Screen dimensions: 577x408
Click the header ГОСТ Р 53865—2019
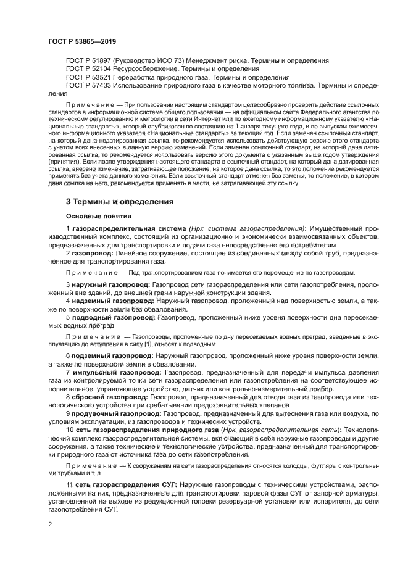tap(81, 41)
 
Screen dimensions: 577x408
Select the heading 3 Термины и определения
tap(119, 201)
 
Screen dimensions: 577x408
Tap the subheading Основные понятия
tap(95, 217)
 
